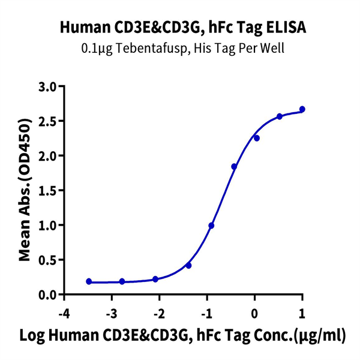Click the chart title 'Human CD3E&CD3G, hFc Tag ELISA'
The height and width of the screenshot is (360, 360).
(180, 27)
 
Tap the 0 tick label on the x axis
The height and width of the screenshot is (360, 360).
(254, 314)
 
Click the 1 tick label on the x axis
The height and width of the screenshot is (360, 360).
(302, 314)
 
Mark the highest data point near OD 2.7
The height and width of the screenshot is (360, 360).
(302, 109)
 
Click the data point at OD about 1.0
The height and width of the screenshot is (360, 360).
(211, 226)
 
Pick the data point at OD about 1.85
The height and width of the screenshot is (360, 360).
(234, 167)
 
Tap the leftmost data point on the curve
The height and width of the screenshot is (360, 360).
(89, 281)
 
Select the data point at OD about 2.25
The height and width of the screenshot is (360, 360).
(256, 138)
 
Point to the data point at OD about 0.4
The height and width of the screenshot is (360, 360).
(188, 265)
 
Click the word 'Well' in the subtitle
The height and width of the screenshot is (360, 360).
(271, 48)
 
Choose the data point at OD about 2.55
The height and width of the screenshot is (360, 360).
(280, 116)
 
